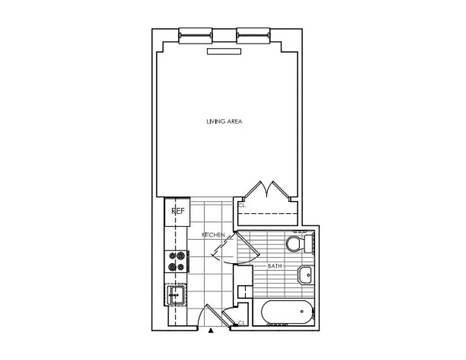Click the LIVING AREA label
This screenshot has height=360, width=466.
(x=225, y=121)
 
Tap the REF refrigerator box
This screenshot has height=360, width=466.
(x=177, y=211)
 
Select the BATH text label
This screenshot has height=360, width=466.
(x=275, y=266)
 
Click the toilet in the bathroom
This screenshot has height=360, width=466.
(x=300, y=243)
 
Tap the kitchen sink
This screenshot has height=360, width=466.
(x=176, y=295)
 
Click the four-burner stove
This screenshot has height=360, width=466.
(x=176, y=261)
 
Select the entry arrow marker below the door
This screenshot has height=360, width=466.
(x=211, y=332)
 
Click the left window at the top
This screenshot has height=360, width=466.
(x=195, y=36)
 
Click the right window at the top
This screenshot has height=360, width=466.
(x=253, y=36)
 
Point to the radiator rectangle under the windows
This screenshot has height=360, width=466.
(x=224, y=51)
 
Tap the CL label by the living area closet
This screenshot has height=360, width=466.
(x=242, y=205)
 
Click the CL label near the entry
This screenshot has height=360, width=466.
(x=241, y=323)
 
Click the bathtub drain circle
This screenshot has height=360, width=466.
(x=303, y=310)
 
